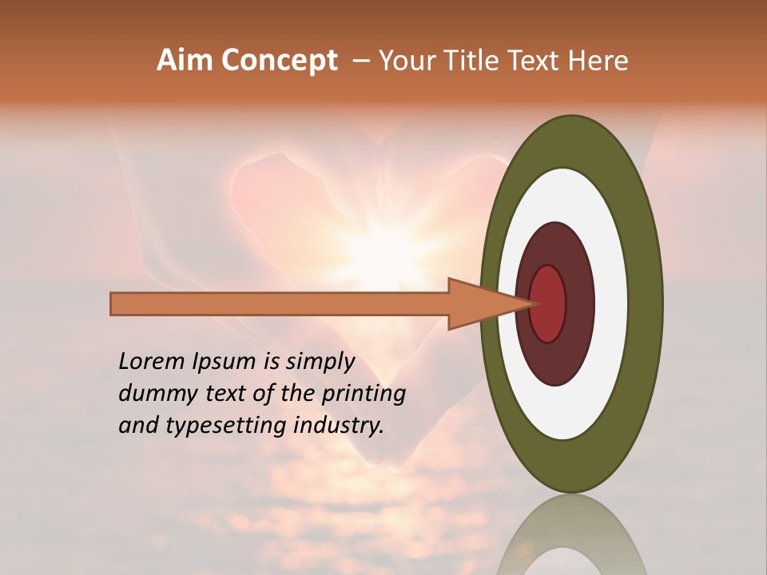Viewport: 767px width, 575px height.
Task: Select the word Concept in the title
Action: tap(279, 61)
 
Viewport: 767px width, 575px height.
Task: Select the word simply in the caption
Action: tap(320, 362)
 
